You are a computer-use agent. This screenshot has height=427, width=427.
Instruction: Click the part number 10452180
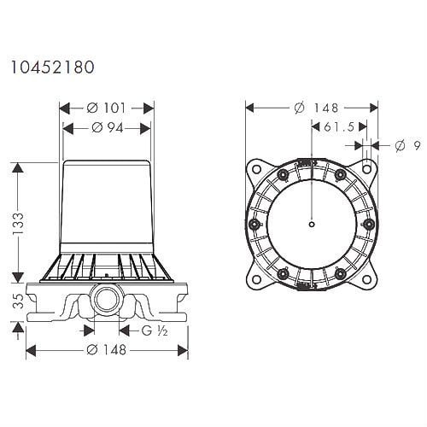[x=53, y=67]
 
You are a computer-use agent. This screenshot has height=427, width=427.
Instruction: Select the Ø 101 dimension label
[x=106, y=108]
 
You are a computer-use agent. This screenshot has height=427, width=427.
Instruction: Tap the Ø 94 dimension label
[x=108, y=128]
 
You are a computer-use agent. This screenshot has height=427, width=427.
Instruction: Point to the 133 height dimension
[x=18, y=223]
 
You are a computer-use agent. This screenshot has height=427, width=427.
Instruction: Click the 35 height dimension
[x=19, y=301]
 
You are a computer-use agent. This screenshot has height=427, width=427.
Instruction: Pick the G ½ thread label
[x=155, y=330]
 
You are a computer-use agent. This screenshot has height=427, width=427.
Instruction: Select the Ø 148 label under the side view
[x=106, y=350]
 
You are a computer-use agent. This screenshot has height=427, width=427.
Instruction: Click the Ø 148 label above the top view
[x=316, y=108]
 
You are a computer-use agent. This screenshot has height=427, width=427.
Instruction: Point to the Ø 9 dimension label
[x=408, y=146]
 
